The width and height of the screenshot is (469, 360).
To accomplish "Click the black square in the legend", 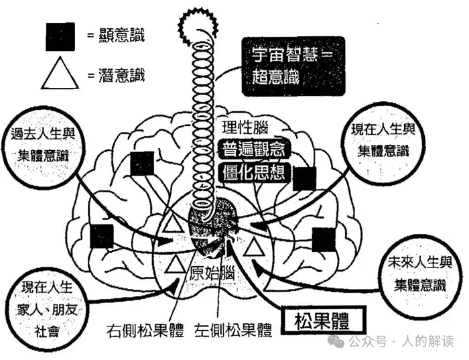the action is (x=60, y=35).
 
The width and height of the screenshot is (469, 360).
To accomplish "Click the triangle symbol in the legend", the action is (x=60, y=72).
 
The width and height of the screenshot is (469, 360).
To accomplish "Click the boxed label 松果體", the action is (x=322, y=321).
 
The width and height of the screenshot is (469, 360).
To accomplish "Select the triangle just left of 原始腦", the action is (x=176, y=264).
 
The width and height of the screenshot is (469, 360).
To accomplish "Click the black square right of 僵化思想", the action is (x=305, y=178).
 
